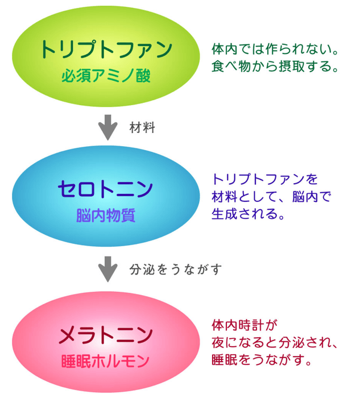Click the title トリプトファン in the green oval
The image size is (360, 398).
pyautogui.click(x=106, y=49)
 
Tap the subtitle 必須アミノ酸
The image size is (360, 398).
pyautogui.click(x=106, y=76)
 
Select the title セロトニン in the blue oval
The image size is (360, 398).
pyautogui.click(x=105, y=189)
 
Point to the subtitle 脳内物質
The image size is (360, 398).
pyautogui.click(x=106, y=215)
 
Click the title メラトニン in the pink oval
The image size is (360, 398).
pyautogui.click(x=106, y=335)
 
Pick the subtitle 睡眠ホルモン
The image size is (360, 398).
pyautogui.click(x=105, y=362)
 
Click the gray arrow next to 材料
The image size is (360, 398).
pyautogui.click(x=108, y=127)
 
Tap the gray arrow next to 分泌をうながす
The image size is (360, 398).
pyautogui.click(x=108, y=269)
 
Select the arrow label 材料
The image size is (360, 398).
pyautogui.click(x=142, y=127)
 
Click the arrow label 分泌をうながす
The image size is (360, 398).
pyautogui.click(x=176, y=270)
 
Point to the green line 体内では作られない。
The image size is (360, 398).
pyautogui.click(x=275, y=49)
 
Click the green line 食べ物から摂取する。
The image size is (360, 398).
pyautogui.click(x=275, y=67)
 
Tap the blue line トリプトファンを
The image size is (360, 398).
pyautogui.click(x=265, y=179)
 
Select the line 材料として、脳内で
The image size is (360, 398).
pyautogui.click(x=271, y=197)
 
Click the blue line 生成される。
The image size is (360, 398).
pyautogui.click(x=248, y=214)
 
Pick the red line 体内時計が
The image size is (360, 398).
pyautogui.click(x=245, y=325)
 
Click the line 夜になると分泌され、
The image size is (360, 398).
pyautogui.click(x=275, y=343)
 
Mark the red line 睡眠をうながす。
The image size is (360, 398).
pyautogui.click(x=262, y=360)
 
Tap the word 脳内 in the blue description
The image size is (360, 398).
pyautogui.click(x=305, y=197)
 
